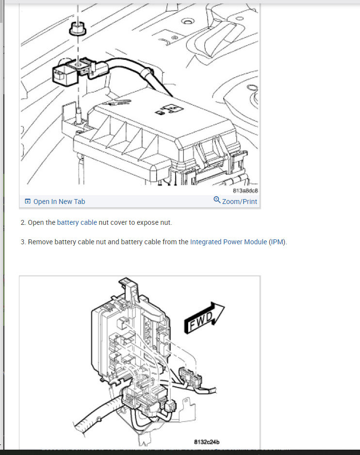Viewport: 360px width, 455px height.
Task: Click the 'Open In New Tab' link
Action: pyautogui.click(x=59, y=202)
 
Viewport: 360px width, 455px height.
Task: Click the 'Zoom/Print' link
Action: pyautogui.click(x=240, y=202)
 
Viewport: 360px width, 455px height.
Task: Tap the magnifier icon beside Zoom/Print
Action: pyautogui.click(x=217, y=201)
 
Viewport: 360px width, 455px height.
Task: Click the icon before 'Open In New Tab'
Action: pyautogui.click(x=28, y=202)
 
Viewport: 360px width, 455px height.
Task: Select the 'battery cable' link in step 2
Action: pyautogui.click(x=77, y=223)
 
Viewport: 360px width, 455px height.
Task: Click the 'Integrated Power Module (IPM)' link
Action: pyautogui.click(x=238, y=242)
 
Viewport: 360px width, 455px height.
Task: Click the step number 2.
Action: pyautogui.click(x=23, y=223)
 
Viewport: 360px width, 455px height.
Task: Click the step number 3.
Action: pyautogui.click(x=23, y=242)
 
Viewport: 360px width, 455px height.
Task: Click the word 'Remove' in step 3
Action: pyautogui.click(x=40, y=242)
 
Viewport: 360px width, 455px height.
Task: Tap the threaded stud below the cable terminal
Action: pyautogui.click(x=77, y=113)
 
